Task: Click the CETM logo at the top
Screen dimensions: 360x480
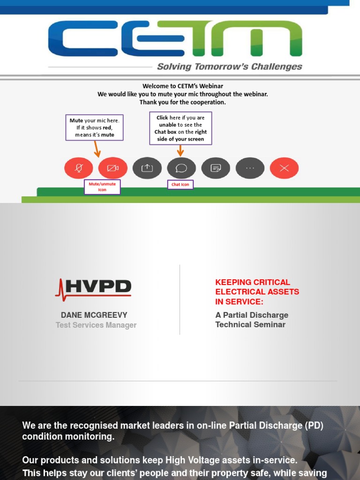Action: pos(175,38)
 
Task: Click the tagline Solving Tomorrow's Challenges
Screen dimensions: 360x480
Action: pos(229,67)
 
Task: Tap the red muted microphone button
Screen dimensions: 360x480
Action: pos(78,168)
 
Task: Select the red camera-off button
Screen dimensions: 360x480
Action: pos(112,168)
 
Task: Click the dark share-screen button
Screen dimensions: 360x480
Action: pos(147,168)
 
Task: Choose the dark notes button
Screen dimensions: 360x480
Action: pos(216,168)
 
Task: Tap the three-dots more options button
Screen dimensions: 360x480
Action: pos(250,168)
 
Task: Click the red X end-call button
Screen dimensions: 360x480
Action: pos(284,168)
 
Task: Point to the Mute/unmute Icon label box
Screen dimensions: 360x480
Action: pos(102,187)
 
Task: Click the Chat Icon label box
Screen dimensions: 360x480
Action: pos(180,185)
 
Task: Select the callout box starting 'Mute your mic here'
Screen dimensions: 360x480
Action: pos(95,127)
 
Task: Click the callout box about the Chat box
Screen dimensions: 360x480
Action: pos(180,128)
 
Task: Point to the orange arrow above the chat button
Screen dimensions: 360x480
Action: pos(180,150)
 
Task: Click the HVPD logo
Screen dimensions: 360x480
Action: pos(94,287)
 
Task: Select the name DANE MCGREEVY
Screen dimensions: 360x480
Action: pos(94,315)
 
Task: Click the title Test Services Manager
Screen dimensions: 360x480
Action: pos(96,325)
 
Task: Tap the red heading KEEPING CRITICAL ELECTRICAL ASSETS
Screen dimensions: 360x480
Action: pos(257,292)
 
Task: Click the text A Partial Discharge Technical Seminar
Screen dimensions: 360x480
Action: pos(251,320)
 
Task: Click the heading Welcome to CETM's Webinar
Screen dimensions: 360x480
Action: pos(183,86)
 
